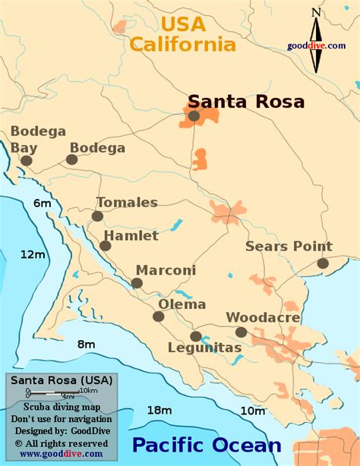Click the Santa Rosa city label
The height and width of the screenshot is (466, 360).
coord(246,101)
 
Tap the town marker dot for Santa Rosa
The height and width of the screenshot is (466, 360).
coord(194,116)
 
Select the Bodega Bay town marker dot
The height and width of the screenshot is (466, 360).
coord(27,160)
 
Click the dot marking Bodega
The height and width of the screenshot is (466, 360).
coord(71,159)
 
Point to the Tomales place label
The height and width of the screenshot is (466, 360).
coord(127,202)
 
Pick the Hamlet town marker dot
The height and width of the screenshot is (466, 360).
coord(105,245)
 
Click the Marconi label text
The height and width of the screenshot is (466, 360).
coord(166,270)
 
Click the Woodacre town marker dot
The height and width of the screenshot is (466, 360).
coord(241,332)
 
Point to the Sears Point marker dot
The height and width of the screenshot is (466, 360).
coord(323,263)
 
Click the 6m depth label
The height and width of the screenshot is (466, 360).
coord(42,203)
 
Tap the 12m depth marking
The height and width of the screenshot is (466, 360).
coord(33,253)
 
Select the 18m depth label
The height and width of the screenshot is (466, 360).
coord(159,410)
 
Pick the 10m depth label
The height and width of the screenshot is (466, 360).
coord(252,411)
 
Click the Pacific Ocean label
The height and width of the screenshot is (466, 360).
coord(207,445)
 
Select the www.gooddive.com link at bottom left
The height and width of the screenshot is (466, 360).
coord(61,454)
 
